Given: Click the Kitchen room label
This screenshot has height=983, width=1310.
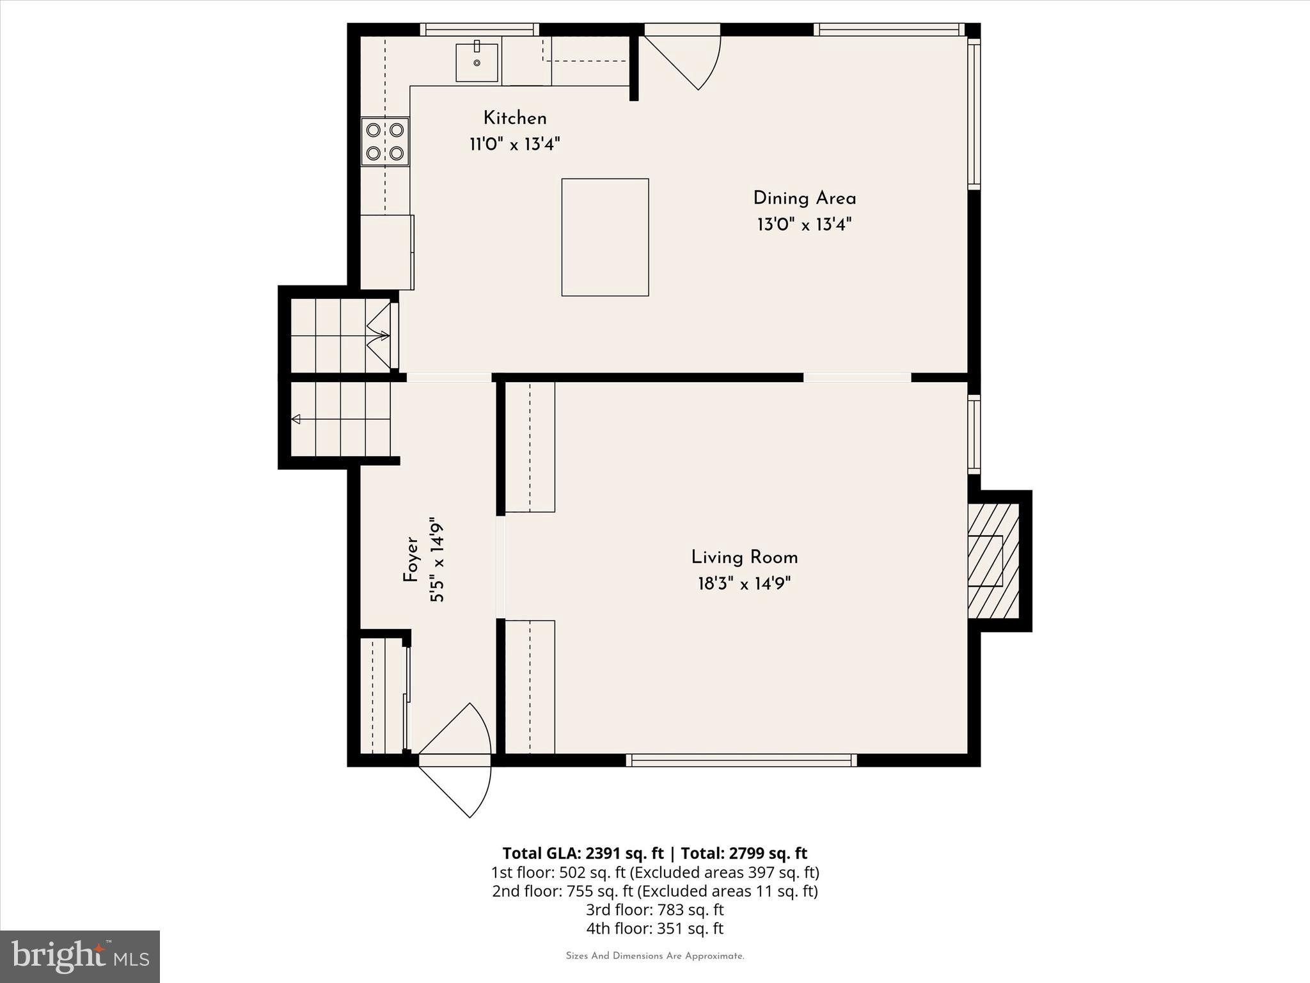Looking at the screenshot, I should tap(515, 118).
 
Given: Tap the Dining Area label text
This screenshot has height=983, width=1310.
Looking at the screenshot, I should tap(804, 198).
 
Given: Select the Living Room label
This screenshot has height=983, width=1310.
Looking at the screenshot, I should tap(744, 557).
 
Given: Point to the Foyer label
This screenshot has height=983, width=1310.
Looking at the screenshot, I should tap(411, 559).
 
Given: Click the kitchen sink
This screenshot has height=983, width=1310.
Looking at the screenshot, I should tap(477, 63).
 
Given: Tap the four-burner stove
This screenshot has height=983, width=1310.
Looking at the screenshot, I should tap(385, 141).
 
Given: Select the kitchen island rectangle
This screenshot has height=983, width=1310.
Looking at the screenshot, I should tap(605, 237).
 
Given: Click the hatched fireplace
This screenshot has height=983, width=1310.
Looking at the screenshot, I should tap(993, 561).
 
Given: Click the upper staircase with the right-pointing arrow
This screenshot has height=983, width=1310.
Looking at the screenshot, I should tap(341, 335).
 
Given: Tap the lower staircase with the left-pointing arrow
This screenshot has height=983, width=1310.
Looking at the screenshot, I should tap(341, 419).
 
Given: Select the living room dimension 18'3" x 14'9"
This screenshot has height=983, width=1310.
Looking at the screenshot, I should tap(744, 584).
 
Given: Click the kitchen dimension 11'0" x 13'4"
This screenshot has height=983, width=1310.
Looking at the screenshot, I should tap(515, 145).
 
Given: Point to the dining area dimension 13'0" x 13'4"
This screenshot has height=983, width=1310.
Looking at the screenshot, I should tap(804, 225).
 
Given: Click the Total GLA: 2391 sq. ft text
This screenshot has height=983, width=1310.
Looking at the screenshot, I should tap(583, 853).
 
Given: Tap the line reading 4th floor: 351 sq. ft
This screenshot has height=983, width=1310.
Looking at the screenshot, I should tap(654, 929).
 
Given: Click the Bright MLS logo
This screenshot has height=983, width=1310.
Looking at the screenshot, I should tap(80, 956).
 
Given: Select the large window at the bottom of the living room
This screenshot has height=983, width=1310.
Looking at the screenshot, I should tap(741, 760).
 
